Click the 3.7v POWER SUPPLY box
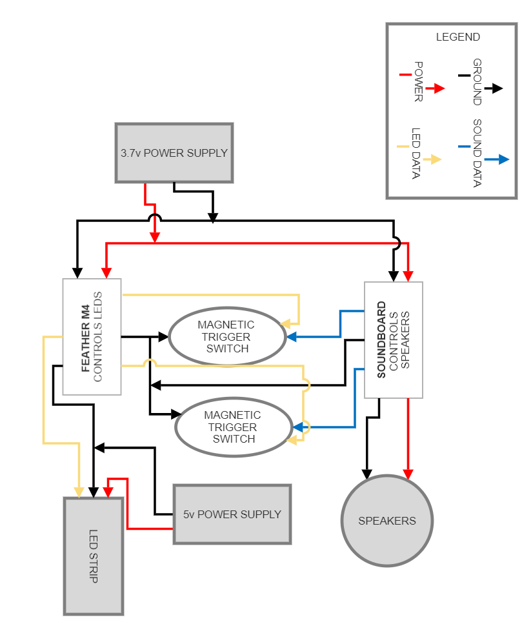coord(174,153)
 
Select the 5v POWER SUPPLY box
coord(232,514)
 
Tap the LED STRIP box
coord(93,556)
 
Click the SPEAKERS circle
coord(386,521)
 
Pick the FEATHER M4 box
coord(92,336)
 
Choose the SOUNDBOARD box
coord(394,339)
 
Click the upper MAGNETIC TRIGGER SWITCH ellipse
coord(226,336)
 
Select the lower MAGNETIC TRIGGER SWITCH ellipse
coord(234,427)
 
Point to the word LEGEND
coord(457,37)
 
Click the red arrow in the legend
coord(437,88)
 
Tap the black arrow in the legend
coord(495,88)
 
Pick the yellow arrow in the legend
coord(434,159)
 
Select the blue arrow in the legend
coord(499,159)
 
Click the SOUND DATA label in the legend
coord(477,153)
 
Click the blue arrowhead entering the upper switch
coord(292,336)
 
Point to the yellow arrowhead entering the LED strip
coord(79,493)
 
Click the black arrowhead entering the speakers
coord(366,473)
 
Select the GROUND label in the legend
coord(477,82)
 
